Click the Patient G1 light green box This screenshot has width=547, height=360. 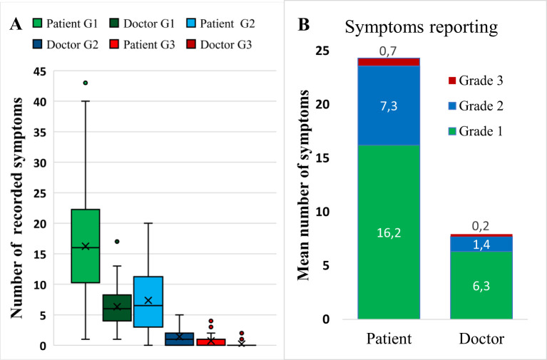[x=86, y=246]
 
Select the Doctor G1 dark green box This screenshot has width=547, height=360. [x=117, y=308]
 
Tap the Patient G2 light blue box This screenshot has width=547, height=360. [x=148, y=302]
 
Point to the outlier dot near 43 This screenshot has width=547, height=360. [x=86, y=83]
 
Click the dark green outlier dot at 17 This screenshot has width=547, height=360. [x=117, y=242]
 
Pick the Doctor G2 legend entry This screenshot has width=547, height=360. [x=67, y=45]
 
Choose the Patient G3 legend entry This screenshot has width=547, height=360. [x=145, y=45]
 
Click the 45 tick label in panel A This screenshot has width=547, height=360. [x=41, y=71]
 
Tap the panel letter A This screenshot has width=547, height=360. [x=16, y=24]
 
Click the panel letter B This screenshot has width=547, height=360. [x=304, y=24]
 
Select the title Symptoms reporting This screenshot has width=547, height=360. [x=421, y=27]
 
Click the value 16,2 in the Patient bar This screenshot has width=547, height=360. [x=389, y=233]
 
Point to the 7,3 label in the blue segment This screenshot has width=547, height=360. [x=389, y=106]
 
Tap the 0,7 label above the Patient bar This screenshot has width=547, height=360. [x=389, y=51]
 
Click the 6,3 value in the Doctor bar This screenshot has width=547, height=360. [x=481, y=286]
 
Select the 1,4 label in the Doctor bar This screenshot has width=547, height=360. [x=481, y=245]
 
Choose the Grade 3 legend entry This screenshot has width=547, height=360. [x=476, y=81]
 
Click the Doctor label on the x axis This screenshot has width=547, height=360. [x=481, y=339]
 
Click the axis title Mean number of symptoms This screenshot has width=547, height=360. [x=304, y=185]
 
